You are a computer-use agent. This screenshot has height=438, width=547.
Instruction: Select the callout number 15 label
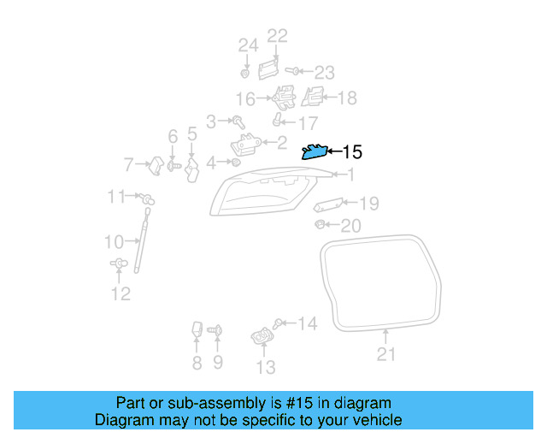352,153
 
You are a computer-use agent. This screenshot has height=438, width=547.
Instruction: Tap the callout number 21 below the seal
386,354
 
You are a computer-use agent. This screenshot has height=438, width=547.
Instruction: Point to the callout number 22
278,36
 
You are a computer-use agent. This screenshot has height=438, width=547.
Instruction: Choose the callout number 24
248,44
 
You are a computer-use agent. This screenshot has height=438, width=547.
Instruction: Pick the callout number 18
346,98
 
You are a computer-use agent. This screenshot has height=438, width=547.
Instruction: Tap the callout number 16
245,98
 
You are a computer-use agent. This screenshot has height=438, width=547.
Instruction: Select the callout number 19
368,203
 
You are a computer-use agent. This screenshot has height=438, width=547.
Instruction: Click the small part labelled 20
318,224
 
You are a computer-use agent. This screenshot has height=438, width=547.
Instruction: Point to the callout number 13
266,367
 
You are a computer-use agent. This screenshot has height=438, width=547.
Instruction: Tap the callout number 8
197,364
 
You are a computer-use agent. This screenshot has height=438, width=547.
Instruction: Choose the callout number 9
217,364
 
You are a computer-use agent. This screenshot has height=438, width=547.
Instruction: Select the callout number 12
121,294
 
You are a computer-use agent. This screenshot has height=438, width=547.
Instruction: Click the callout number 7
129,163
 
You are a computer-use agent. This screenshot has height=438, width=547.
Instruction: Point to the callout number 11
116,197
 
